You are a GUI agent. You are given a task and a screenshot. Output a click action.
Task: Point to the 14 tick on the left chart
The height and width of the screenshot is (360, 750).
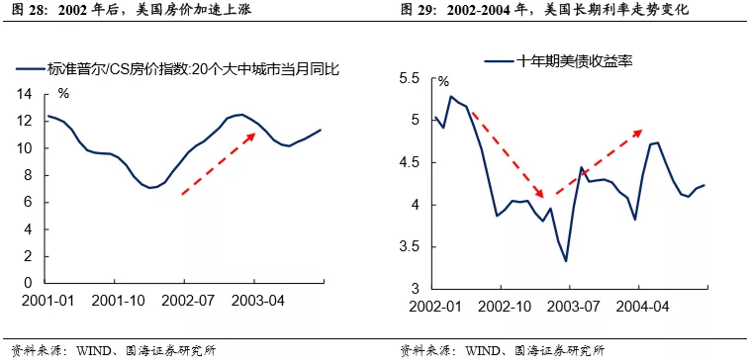coord(27,95)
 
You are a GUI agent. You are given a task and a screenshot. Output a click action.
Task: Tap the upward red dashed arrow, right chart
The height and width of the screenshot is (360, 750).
coord(599,158)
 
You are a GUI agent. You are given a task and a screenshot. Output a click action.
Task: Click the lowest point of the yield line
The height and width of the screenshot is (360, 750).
coord(566,261)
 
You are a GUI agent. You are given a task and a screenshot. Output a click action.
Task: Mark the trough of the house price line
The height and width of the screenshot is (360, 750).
coord(151,187)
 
